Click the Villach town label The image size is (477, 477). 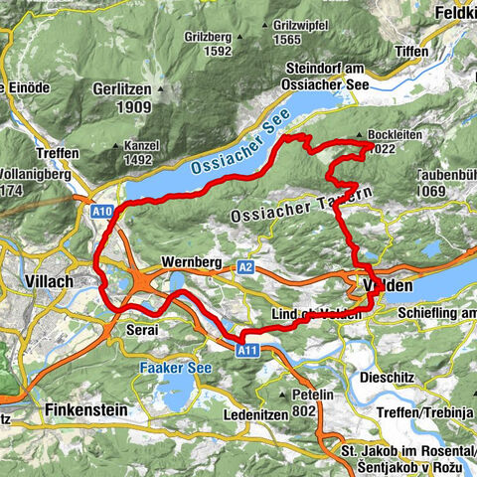tap(47, 282)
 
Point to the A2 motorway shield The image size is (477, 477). tap(246, 267)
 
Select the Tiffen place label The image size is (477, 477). tap(410, 51)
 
